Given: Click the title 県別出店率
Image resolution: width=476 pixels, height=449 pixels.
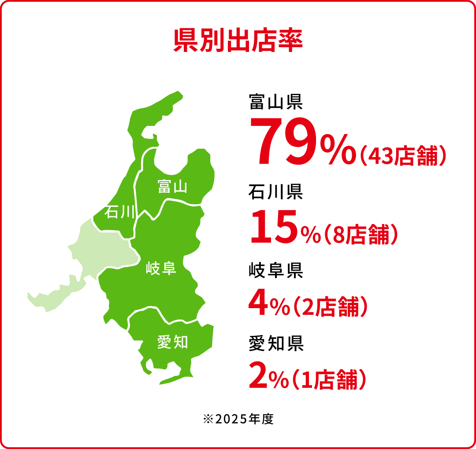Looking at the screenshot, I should pos(238,40).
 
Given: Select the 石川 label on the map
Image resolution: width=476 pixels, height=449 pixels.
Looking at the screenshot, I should pos(119,213).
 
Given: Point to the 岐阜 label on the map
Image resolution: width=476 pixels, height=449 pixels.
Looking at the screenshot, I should pos(161,268).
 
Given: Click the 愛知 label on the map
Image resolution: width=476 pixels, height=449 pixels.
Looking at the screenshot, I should pos(173,342).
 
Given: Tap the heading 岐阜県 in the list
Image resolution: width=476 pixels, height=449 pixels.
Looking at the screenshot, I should pos(275,270).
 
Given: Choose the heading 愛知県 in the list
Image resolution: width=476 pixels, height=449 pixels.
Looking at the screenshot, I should pos(275,343).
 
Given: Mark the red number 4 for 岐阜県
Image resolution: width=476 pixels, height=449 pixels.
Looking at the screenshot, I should pos(258,304).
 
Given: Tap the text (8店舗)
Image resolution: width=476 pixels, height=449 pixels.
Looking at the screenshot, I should pos(361,235).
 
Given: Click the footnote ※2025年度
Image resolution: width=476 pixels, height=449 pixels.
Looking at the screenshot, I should pos(238,419).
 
